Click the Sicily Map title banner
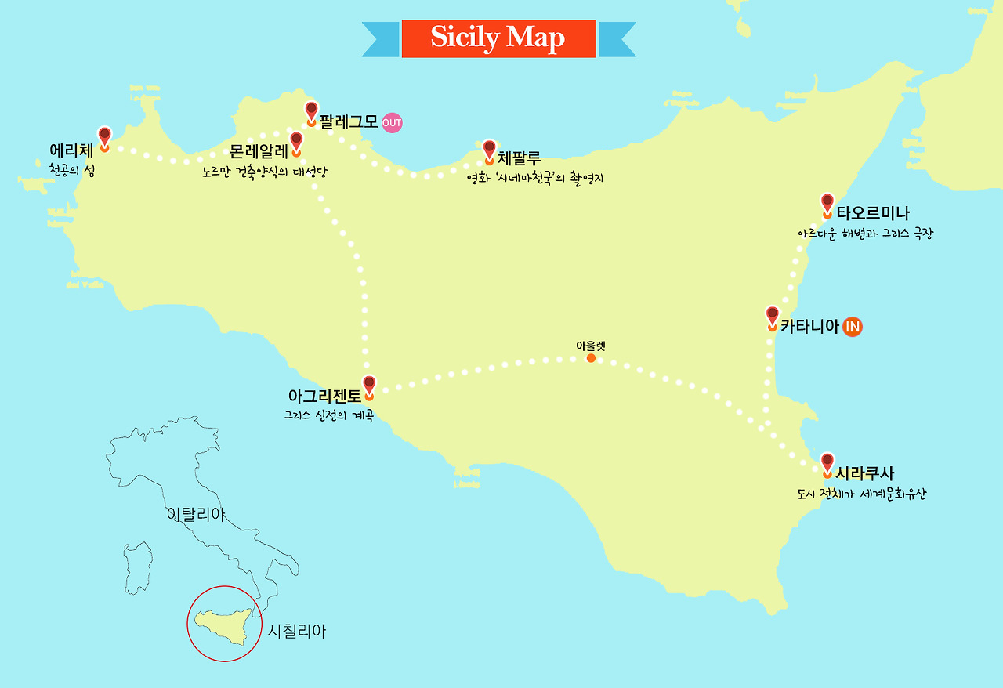(498, 38)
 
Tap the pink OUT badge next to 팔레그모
(392, 123)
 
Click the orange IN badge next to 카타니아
(853, 327)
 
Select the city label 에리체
(71, 150)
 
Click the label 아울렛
(591, 346)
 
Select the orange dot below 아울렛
(591, 358)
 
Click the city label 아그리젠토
(324, 397)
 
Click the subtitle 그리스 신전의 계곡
(328, 415)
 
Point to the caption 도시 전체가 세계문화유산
(860, 494)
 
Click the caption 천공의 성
(66, 168)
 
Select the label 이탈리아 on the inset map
(196, 515)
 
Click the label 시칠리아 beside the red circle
(296, 632)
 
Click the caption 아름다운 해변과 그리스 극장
(865, 234)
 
